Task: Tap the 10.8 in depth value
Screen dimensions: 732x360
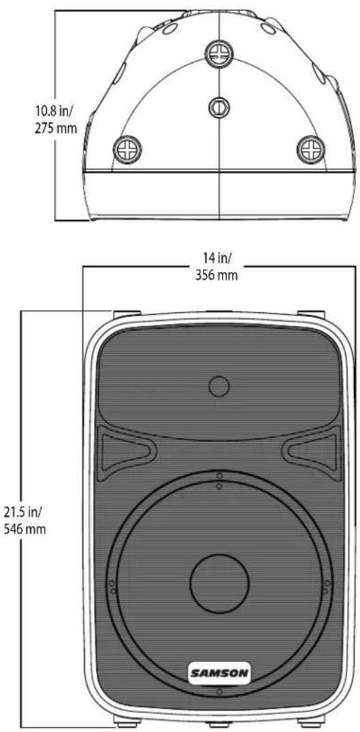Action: tap(55, 111)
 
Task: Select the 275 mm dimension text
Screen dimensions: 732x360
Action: tap(55, 128)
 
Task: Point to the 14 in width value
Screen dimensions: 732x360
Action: tap(218, 258)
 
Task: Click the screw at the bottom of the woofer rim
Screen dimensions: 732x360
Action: tap(218, 693)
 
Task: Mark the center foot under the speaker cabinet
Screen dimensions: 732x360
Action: tap(218, 723)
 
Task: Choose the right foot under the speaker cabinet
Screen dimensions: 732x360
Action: tap(310, 722)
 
